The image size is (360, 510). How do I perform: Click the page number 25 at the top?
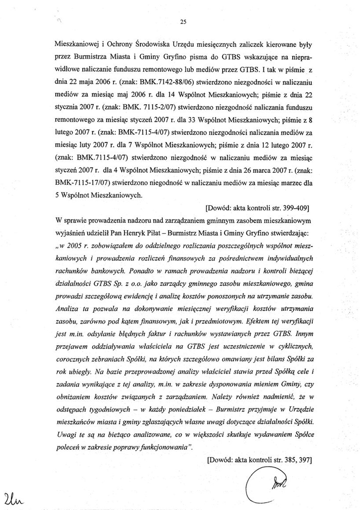(x=183, y=21)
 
